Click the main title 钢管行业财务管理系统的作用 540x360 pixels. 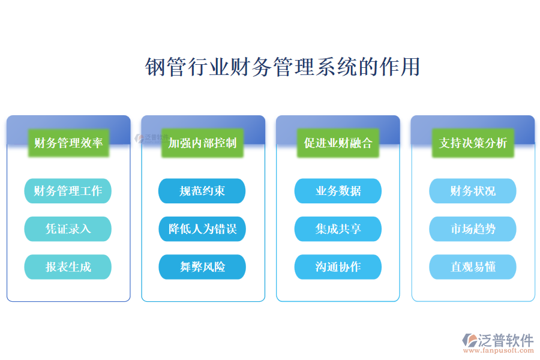[283, 67]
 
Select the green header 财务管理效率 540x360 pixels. [68, 143]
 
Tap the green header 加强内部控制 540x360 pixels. [203, 143]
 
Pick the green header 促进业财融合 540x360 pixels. [338, 143]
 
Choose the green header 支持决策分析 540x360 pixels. [473, 143]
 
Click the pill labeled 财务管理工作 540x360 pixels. [68, 191]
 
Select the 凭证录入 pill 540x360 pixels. [68, 229]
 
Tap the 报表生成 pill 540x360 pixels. [68, 266]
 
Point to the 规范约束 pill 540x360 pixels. [202, 191]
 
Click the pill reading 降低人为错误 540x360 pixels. [202, 229]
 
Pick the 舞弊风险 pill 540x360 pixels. [202, 266]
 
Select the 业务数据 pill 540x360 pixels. [338, 191]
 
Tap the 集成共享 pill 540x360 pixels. [338, 229]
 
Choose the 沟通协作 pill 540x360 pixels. [338, 266]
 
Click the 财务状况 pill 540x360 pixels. [473, 191]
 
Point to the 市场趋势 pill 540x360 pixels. [473, 229]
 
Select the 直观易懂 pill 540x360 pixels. [473, 266]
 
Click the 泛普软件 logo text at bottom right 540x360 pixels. [506, 340]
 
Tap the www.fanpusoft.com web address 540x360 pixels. [499, 350]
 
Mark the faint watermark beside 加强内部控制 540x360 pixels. [152, 138]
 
